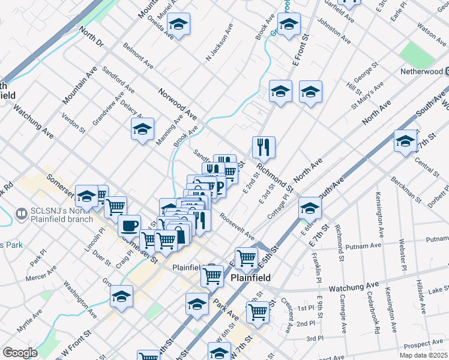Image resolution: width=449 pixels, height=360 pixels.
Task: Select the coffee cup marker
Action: coord(130,226)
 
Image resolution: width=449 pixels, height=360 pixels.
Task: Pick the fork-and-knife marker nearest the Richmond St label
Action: coord(264,146)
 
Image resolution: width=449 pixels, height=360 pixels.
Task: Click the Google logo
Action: coord(20,353)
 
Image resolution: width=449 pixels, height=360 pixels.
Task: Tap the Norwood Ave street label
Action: coord(178,103)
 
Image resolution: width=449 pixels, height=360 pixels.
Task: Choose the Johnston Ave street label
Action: coord(334,31)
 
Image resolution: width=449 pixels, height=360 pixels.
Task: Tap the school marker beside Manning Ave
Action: coord(143,129)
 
